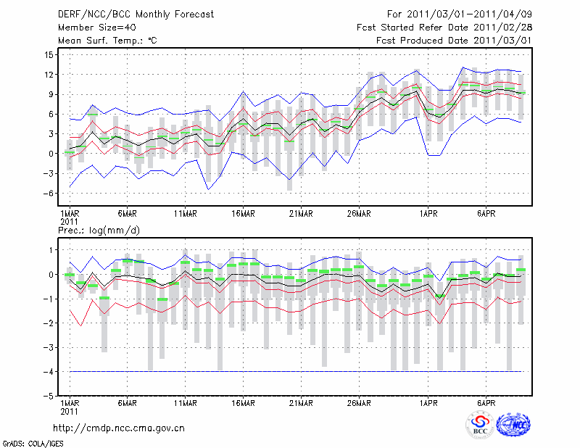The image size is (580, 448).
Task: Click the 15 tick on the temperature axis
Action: coord(47,55)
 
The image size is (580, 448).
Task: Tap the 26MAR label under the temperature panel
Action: coord(359,214)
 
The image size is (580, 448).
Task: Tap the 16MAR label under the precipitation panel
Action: coord(243,403)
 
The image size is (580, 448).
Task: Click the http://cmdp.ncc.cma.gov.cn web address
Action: coord(119,428)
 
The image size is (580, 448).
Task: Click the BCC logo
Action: coord(480,426)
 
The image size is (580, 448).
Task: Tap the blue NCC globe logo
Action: coord(513,426)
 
